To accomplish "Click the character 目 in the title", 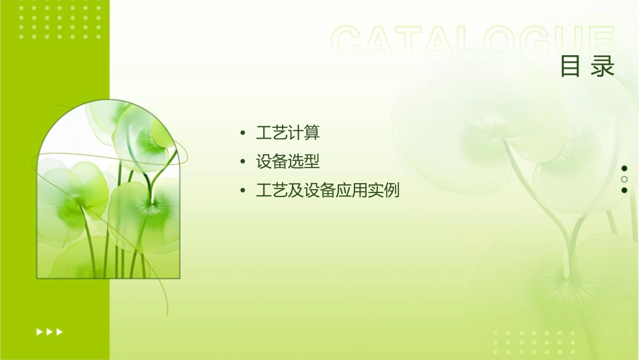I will coord(570,67).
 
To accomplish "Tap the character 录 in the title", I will coord(603,67).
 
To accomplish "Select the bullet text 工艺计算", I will coord(287,133).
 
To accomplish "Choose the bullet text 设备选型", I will coord(287,161).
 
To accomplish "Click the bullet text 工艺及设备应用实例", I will coord(328,190).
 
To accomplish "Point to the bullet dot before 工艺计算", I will coord(242,133).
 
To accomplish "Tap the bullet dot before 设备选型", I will coord(242,162).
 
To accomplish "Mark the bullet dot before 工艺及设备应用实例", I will coord(242,191).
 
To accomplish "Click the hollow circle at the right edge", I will coord(624,179).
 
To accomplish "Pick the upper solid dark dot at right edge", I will coord(624,168).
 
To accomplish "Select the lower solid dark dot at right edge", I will coord(624,190).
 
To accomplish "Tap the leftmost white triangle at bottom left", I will coord(39,332).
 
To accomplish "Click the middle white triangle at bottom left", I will coord(49,332).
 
